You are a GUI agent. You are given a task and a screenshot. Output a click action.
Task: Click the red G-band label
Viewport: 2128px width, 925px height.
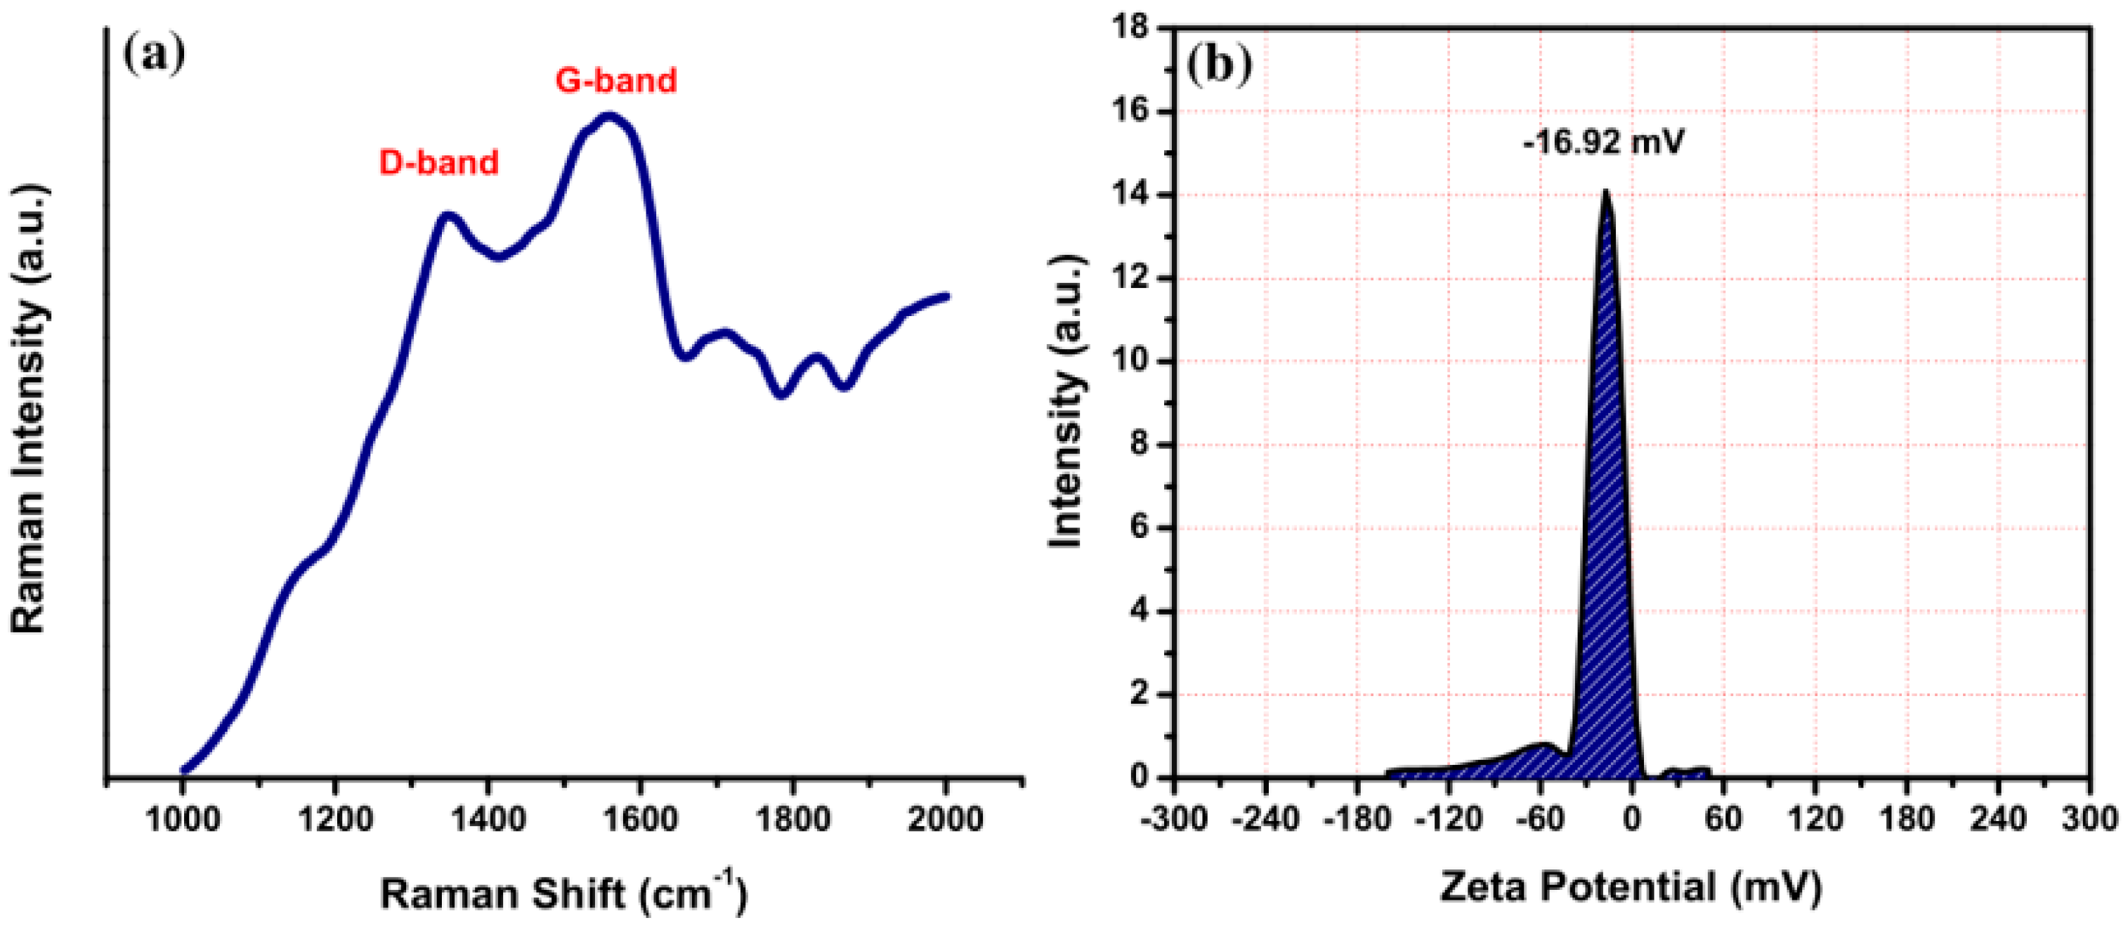pyautogui.click(x=615, y=80)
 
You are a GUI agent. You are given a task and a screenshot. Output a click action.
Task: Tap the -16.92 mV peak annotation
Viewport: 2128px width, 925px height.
pyautogui.click(x=1603, y=143)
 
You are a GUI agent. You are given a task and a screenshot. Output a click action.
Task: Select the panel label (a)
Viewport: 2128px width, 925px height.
pyautogui.click(x=154, y=55)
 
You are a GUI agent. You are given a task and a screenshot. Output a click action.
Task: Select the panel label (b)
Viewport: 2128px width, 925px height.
pyautogui.click(x=1220, y=66)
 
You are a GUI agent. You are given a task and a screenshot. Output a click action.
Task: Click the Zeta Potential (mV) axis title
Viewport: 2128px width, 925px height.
pyautogui.click(x=1631, y=888)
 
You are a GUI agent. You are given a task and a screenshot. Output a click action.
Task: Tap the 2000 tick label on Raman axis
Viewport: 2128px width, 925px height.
pyautogui.click(x=946, y=820)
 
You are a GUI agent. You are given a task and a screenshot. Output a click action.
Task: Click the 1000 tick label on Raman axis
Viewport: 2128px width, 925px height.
pyautogui.click(x=183, y=820)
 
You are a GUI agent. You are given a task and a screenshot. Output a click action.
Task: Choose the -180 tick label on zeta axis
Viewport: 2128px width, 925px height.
pyautogui.click(x=1357, y=820)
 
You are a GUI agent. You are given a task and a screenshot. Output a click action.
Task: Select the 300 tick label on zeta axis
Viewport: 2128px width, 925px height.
pyautogui.click(x=2090, y=820)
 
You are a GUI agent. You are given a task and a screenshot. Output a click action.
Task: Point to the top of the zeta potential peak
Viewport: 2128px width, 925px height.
pyautogui.click(x=1606, y=192)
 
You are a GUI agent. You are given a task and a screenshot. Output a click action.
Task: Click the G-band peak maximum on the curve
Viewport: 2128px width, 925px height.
pyautogui.click(x=610, y=117)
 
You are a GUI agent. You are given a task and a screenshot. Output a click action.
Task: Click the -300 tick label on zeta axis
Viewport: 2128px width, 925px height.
pyautogui.click(x=1174, y=820)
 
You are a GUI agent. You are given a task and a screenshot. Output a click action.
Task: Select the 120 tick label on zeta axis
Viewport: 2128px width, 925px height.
pyautogui.click(x=1815, y=820)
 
